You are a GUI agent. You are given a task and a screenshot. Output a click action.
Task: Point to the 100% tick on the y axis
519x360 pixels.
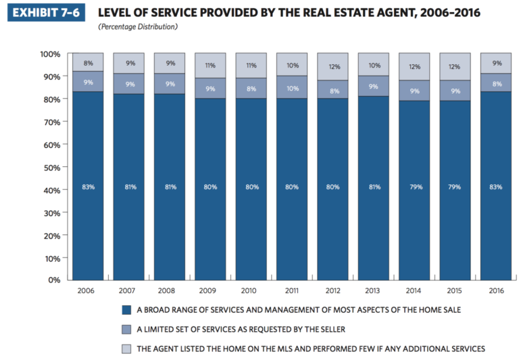[x=51, y=54]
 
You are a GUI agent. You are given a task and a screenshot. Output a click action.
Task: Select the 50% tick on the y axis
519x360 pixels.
[x=53, y=167]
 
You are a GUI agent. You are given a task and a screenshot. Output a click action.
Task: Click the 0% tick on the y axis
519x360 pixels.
[x=55, y=280]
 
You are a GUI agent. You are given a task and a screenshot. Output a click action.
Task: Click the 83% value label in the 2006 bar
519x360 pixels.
[x=88, y=186]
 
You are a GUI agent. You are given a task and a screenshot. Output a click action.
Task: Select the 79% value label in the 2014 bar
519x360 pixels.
[x=414, y=186]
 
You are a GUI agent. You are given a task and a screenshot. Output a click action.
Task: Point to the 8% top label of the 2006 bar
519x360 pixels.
[x=88, y=63]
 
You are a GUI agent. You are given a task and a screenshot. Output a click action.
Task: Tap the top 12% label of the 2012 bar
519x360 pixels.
[x=332, y=67]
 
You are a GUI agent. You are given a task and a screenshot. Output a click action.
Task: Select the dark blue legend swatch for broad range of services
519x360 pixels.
[x=125, y=311]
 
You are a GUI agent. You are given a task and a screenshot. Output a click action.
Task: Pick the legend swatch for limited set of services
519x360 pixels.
[x=125, y=330]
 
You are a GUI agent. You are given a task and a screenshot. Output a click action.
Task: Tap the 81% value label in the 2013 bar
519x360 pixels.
[x=374, y=186]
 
